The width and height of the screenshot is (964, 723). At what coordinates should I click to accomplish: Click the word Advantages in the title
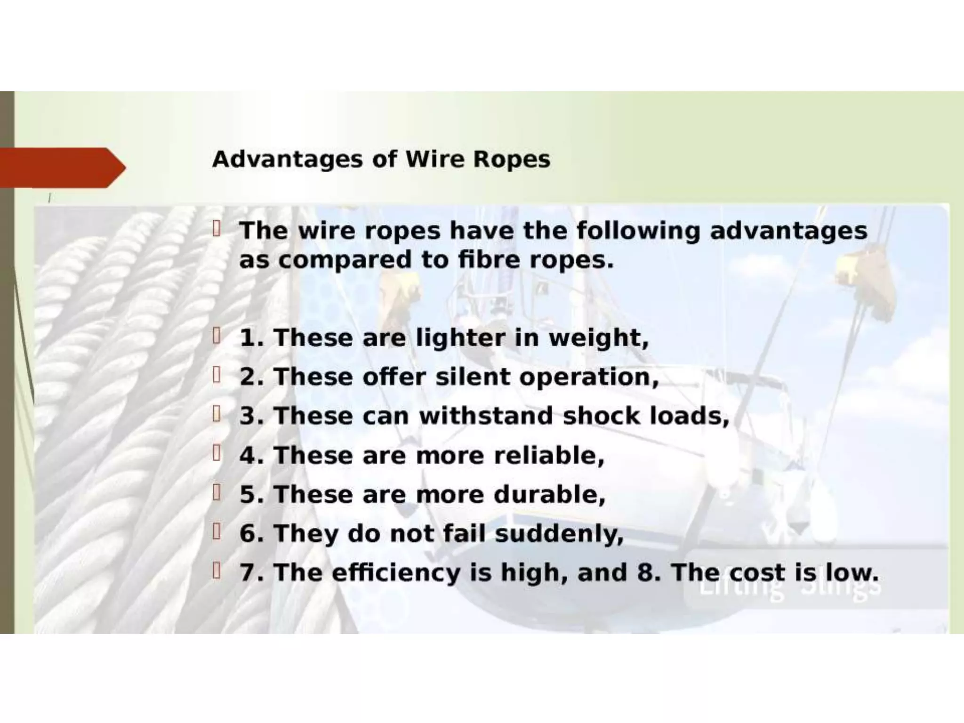point(288,160)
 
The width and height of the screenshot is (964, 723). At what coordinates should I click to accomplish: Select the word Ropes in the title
point(511,160)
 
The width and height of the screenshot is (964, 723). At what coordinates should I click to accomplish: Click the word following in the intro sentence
point(638,231)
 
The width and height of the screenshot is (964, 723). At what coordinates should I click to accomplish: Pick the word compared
point(345,260)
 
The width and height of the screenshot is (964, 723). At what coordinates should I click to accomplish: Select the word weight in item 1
point(598,339)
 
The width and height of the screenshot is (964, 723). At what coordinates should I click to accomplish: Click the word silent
point(473,377)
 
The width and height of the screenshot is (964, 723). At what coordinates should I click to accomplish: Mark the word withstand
point(486,416)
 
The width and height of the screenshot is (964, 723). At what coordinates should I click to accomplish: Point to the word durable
point(549,495)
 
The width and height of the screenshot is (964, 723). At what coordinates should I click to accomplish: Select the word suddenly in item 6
point(559,534)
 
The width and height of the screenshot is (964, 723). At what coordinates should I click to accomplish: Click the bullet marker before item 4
point(217,454)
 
